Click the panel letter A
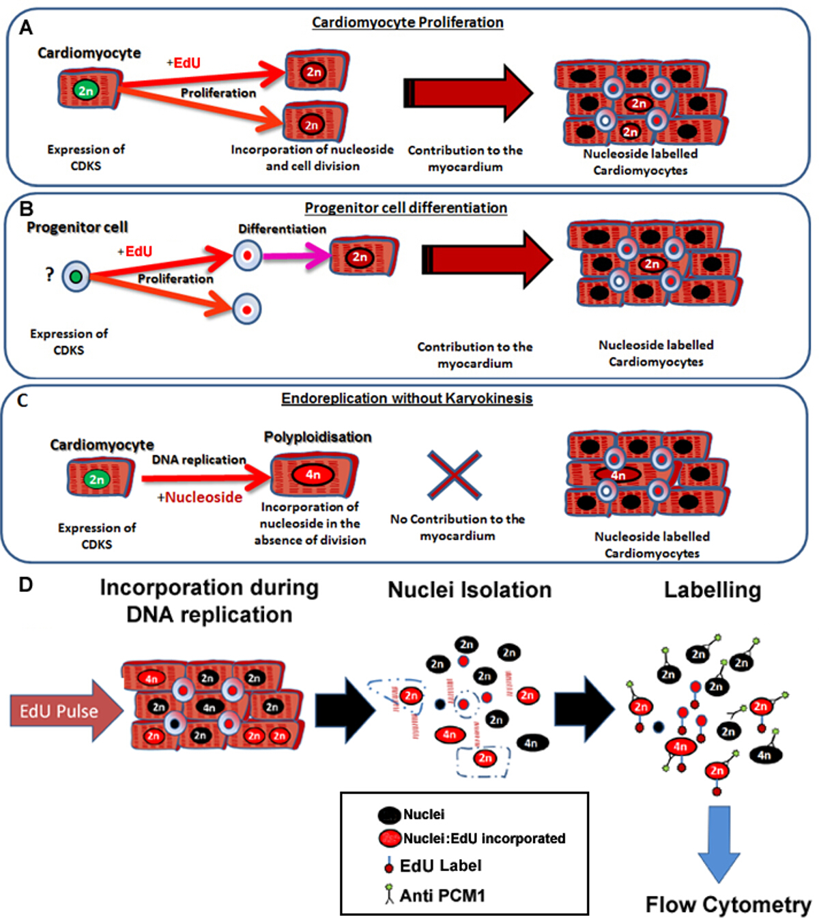tap(26, 27)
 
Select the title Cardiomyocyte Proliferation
tap(407, 23)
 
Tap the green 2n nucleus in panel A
tap(86, 90)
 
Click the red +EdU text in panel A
tap(184, 63)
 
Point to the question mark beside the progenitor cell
tap(49, 274)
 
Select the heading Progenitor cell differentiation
tap(405, 207)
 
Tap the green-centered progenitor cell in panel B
tap(76, 276)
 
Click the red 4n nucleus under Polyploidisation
tap(313, 474)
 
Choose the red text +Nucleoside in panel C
tap(200, 497)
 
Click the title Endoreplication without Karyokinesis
tap(407, 398)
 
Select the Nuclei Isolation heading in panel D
tap(470, 590)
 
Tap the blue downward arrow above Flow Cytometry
tap(719, 843)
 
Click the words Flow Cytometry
tap(728, 904)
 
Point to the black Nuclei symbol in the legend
tap(389, 814)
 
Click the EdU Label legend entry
tap(433, 866)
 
